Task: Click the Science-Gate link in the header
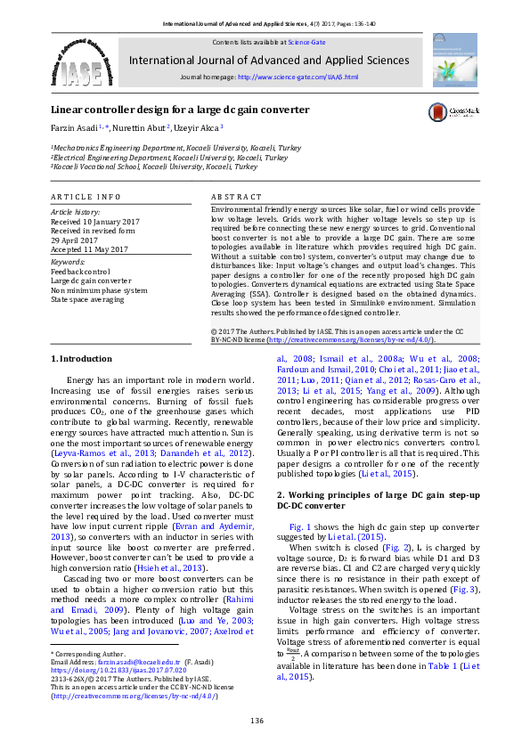[306, 42]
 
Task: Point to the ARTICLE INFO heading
[86, 195]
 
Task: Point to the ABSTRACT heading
[236, 195]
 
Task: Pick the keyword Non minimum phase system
[99, 289]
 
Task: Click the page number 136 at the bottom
[257, 720]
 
